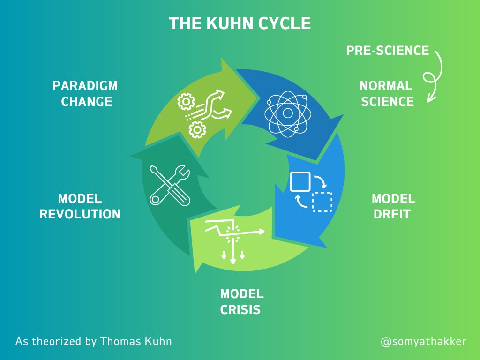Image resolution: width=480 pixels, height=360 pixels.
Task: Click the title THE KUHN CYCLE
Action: point(240,23)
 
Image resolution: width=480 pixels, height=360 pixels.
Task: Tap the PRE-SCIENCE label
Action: point(388,51)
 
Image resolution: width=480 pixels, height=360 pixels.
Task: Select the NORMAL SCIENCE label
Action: point(387,94)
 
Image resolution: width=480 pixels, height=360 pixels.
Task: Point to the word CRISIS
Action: point(240,310)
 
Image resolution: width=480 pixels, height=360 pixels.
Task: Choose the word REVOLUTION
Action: point(80,214)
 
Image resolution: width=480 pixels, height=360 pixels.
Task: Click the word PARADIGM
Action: point(85,86)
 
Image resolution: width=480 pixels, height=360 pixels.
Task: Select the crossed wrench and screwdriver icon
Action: point(169,184)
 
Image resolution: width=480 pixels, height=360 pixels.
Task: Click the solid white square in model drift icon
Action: point(300,181)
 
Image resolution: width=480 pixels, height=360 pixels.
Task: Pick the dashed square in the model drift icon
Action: point(322,202)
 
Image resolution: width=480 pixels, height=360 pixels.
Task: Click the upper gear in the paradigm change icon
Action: point(187,101)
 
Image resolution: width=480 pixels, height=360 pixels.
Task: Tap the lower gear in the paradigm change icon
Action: point(196,128)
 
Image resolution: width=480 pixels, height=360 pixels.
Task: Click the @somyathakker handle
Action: point(423,341)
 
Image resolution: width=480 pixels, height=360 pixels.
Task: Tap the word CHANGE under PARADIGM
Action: point(87,102)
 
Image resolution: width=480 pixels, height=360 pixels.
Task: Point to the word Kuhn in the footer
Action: point(159,341)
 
